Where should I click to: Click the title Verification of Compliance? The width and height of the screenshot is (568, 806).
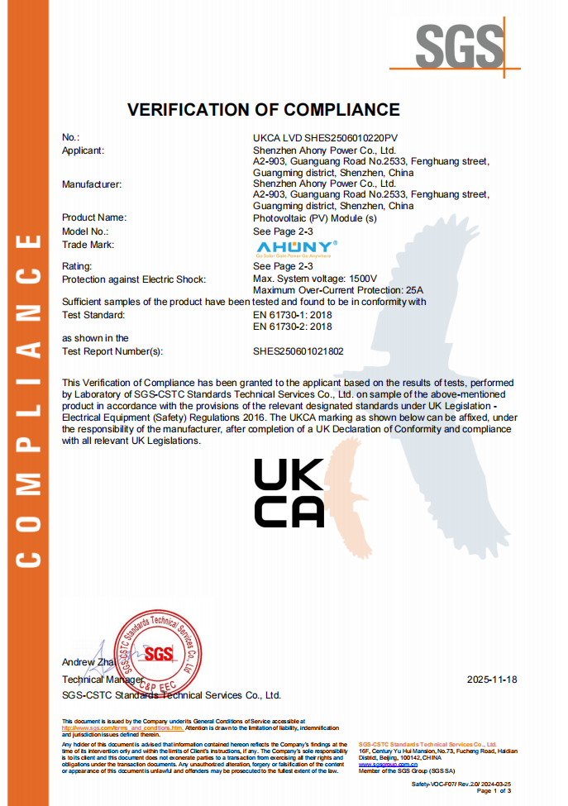tap(263, 110)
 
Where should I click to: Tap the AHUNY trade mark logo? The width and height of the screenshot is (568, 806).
tap(295, 247)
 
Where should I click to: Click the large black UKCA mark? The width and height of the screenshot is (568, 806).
tap(289, 493)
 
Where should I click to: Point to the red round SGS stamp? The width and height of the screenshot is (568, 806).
tap(157, 653)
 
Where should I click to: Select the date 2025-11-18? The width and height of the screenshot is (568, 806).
tap(492, 679)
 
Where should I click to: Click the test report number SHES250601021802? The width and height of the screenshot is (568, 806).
tap(298, 351)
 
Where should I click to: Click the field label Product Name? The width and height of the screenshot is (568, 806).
tap(94, 217)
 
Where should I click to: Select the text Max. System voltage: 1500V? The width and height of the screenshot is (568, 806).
tap(314, 279)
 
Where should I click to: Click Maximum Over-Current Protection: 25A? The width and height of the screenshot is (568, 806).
tap(337, 290)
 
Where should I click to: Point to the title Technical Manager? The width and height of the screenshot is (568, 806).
tap(98, 679)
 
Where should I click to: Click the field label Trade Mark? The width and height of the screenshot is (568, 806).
tap(88, 245)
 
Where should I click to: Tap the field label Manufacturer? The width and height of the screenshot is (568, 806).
tap(92, 184)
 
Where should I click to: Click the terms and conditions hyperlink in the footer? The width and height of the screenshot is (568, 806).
tap(122, 727)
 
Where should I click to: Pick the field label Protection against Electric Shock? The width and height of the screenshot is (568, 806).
tap(134, 279)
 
